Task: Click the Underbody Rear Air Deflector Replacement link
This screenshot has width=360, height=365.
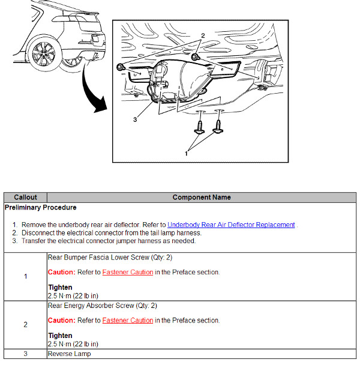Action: [x=231, y=225]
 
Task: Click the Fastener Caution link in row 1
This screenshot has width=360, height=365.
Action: [x=127, y=272]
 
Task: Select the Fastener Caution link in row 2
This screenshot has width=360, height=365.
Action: [x=127, y=320]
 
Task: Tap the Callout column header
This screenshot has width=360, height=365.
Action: [x=25, y=197]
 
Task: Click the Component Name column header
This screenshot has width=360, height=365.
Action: [x=201, y=197]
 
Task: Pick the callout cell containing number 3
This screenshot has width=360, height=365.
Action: [x=25, y=354]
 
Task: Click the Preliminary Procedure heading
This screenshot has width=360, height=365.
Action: [x=40, y=208]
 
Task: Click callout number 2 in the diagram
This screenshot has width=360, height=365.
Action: [x=203, y=35]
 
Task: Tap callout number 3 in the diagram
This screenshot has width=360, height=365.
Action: [x=136, y=119]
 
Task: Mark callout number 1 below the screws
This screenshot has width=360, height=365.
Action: [x=186, y=153]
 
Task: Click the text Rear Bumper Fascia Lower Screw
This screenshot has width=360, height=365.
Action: [x=93, y=258]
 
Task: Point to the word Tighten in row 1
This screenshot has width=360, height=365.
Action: [x=60, y=288]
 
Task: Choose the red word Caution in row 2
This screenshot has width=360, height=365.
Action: [x=61, y=320]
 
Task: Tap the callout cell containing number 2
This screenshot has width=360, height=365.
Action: [x=25, y=324]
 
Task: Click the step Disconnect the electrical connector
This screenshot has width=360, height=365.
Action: [x=111, y=232]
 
